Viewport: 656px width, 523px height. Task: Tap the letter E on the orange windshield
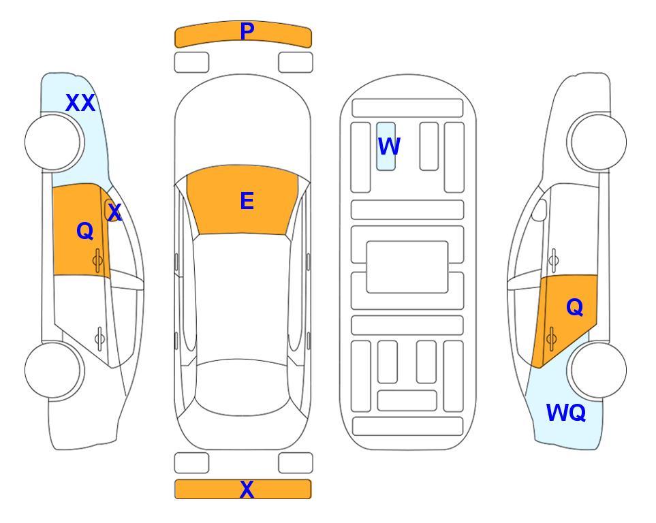tap(247, 201)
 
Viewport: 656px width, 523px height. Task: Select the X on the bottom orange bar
tap(247, 489)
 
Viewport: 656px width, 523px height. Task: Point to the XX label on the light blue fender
tap(80, 103)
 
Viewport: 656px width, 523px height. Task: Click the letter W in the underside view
tap(389, 146)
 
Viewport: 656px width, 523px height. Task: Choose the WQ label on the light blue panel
tap(566, 413)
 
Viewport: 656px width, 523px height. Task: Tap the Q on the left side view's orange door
tap(85, 231)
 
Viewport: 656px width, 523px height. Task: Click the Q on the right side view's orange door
tap(574, 308)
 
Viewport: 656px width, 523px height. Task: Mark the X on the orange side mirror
tap(114, 212)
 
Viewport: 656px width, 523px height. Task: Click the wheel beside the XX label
tap(54, 142)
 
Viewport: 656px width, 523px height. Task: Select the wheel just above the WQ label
tap(597, 370)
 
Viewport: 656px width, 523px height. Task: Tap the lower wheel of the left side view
tap(54, 370)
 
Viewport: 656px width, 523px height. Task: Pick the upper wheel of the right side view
tap(597, 142)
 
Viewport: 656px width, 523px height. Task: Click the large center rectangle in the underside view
tap(407, 267)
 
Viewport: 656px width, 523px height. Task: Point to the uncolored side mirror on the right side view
tap(539, 210)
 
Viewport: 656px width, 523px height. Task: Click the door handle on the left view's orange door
tap(97, 260)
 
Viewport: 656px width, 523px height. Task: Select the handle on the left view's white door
tap(99, 338)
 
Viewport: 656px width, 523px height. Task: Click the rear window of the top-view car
tap(242, 387)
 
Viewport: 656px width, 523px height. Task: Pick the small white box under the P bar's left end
tap(191, 63)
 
